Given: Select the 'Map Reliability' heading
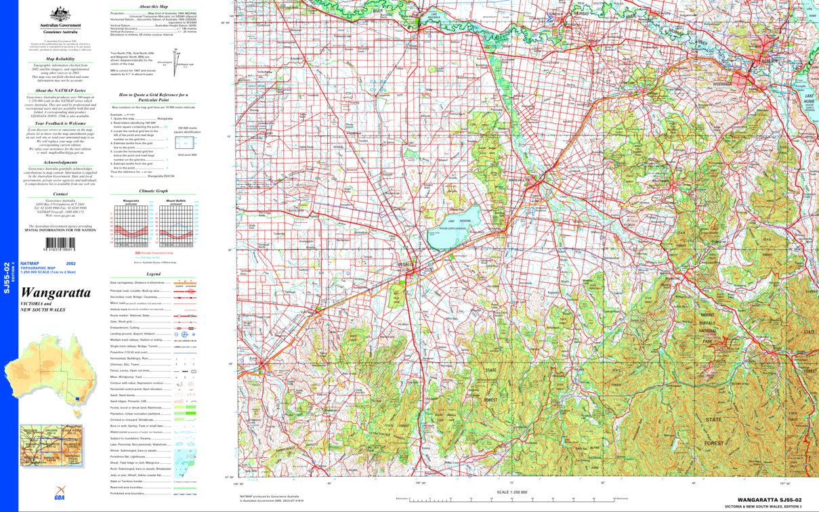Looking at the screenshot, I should [x=60, y=59].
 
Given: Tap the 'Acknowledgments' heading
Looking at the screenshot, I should [x=60, y=163].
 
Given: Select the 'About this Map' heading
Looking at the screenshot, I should [x=153, y=6].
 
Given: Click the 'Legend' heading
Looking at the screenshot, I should [x=153, y=274].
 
